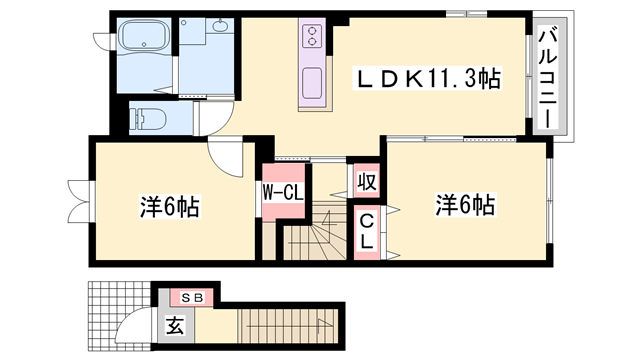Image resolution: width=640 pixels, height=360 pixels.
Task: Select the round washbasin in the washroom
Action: pyautogui.click(x=219, y=29)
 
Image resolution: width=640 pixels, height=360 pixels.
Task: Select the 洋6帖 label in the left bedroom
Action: pyautogui.click(x=169, y=208)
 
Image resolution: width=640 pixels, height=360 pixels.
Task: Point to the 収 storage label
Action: pyautogui.click(x=366, y=184)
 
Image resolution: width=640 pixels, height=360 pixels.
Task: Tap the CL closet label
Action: pyautogui.click(x=367, y=231)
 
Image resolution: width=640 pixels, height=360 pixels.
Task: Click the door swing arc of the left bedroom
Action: pyautogui.click(x=226, y=155)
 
